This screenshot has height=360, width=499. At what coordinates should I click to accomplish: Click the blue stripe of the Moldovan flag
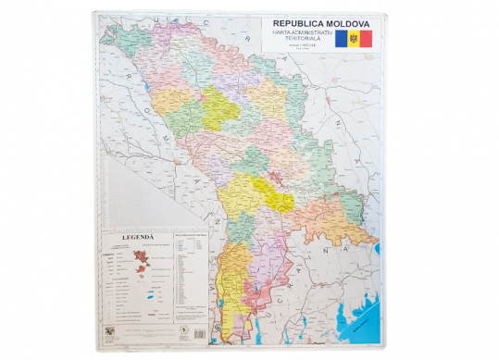(340, 39)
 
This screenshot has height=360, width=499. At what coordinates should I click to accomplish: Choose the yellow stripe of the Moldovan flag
(353, 39)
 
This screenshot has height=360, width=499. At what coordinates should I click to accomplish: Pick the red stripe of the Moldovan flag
(366, 39)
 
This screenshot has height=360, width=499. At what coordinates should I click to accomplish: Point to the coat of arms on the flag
(353, 39)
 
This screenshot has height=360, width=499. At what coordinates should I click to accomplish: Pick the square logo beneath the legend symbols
(111, 331)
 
